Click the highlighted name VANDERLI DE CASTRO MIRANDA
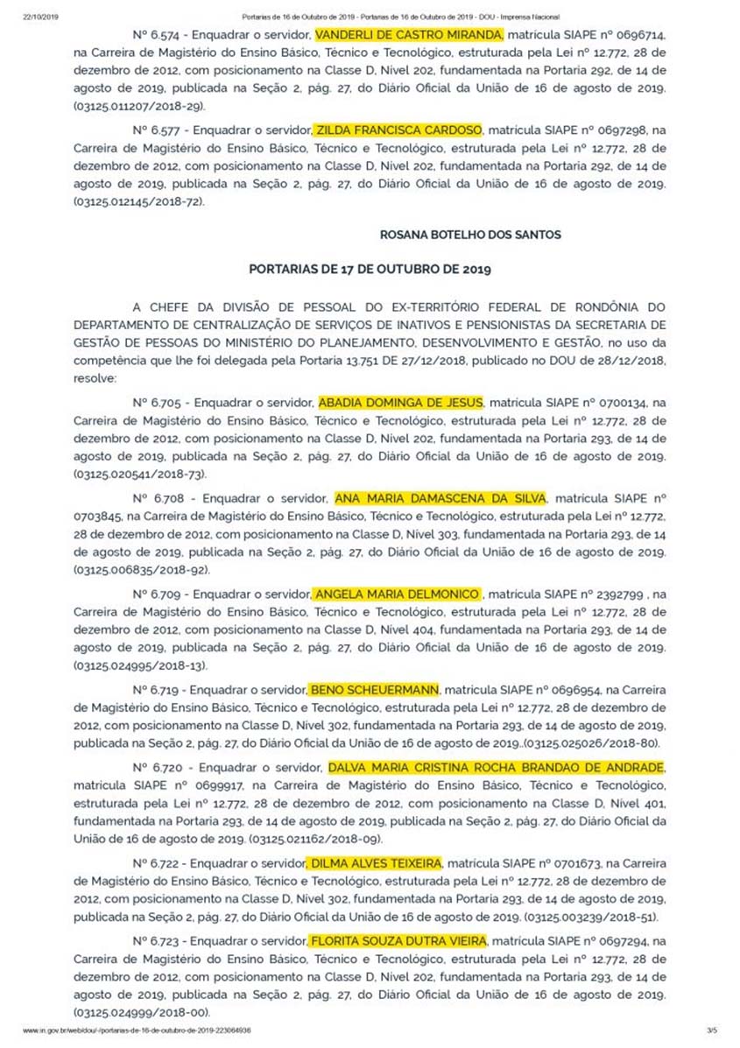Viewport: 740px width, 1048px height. click(409, 35)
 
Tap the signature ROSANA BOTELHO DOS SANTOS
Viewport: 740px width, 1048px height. click(470, 235)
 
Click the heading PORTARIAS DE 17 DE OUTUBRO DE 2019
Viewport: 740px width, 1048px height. click(370, 269)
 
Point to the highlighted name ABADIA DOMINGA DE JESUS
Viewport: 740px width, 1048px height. click(400, 402)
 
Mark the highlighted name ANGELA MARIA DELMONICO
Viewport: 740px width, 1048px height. click(397, 594)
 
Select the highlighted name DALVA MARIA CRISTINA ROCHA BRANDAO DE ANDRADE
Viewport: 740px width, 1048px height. click(496, 768)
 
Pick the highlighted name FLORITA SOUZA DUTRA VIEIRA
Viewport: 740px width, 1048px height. click(395, 941)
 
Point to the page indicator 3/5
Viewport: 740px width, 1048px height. click(710, 1031)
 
